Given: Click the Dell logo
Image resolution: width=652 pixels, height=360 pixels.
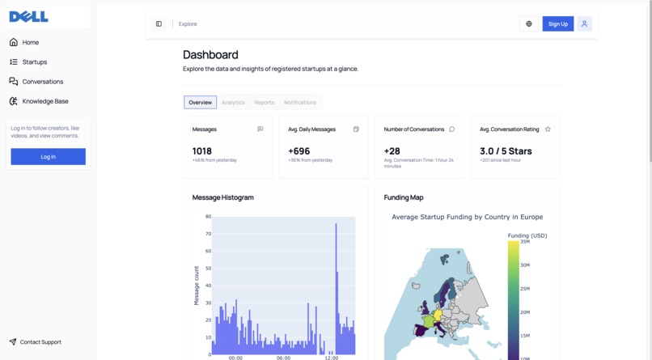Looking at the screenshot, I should (x=28, y=16).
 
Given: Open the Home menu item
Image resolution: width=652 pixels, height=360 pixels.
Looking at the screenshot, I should (x=31, y=42).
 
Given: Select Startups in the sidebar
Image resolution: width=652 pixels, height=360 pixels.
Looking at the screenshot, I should (x=35, y=61).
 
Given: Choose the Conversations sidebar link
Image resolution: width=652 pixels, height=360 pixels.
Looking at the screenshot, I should (x=42, y=82).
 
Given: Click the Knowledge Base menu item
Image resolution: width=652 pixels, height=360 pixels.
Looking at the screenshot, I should (x=45, y=101).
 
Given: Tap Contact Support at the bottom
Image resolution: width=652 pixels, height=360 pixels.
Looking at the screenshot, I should (x=40, y=342).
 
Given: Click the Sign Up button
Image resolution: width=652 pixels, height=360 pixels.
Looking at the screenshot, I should (x=557, y=24).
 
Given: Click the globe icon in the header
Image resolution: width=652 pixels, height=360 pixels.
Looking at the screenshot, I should (x=529, y=24).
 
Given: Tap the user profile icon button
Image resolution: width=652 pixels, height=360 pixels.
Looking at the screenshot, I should (x=584, y=24).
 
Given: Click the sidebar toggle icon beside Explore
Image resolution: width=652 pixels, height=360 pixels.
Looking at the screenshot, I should (x=159, y=24).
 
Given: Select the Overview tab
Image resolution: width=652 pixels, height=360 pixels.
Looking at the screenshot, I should (x=200, y=103).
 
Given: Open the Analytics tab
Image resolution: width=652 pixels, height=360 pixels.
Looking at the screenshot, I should (x=233, y=103).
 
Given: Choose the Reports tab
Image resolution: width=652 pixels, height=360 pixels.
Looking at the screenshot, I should (x=264, y=103).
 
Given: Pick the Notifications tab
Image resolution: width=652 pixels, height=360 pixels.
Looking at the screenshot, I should (x=300, y=103).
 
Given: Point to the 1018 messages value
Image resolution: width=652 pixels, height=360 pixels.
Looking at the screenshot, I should (x=202, y=151).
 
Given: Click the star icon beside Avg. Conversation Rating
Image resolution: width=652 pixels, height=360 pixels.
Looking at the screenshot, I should (x=548, y=129).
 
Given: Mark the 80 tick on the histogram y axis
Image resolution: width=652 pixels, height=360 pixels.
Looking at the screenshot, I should (x=208, y=217).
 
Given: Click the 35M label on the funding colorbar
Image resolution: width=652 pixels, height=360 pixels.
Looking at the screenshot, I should (x=525, y=242).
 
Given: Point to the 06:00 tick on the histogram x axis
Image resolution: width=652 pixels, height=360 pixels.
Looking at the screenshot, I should (x=283, y=358).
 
